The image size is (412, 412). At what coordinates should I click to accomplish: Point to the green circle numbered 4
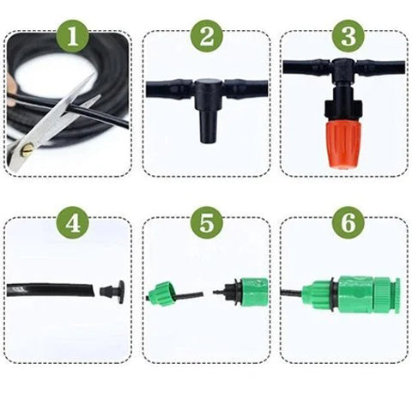tap(72, 224)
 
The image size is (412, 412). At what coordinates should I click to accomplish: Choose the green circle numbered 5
tap(206, 224)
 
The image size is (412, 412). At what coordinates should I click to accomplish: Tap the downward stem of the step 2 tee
tap(207, 120)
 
